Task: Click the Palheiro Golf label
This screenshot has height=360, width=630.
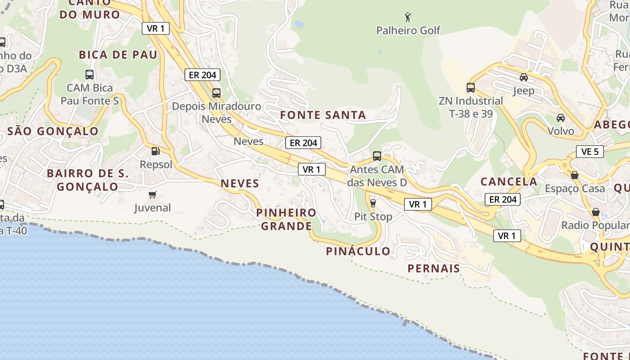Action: coord(408,31)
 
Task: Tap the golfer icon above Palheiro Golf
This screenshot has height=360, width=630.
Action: coord(408,18)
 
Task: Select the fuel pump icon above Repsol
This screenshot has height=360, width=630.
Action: coord(155,152)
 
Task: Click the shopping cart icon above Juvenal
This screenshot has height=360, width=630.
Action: coord(153,195)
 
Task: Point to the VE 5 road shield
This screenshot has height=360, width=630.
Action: coord(589,152)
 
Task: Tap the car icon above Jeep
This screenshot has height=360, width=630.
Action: coord(524,77)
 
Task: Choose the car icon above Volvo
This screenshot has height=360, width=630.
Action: coord(561,118)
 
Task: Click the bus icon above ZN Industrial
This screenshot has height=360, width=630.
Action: coord(471,88)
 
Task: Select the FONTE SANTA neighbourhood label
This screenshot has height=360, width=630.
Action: coord(323,115)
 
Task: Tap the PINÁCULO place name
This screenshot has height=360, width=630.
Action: coord(358,251)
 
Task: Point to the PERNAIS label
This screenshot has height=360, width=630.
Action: coord(434,269)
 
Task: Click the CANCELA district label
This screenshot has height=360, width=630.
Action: coord(509,182)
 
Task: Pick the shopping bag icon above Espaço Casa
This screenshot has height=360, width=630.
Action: coord(575,175)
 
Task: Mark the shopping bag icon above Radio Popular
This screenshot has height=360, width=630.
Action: coord(596,212)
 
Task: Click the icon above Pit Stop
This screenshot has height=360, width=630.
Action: coord(373,203)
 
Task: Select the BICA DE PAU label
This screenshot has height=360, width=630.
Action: coord(118,55)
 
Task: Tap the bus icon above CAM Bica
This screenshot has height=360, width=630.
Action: coord(90,75)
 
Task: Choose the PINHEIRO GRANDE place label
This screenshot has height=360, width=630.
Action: coord(286,219)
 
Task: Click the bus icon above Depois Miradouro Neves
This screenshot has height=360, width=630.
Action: coord(216,93)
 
